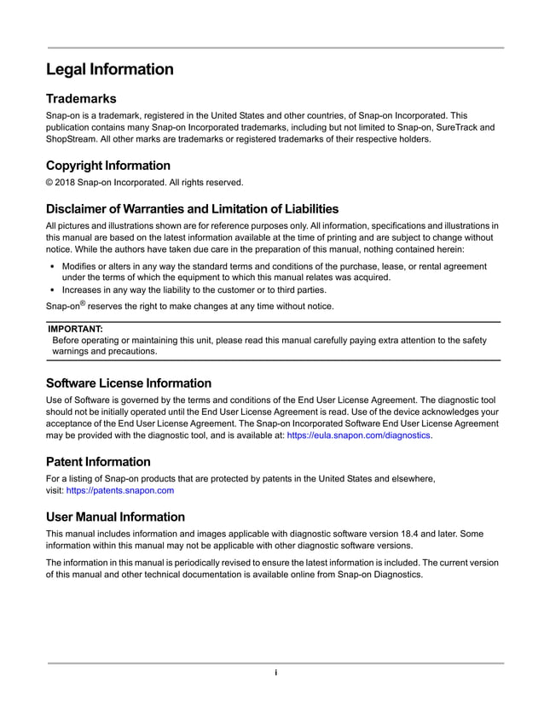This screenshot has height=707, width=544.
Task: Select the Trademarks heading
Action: click(x=80, y=99)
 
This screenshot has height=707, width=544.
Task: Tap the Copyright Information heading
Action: click(x=107, y=166)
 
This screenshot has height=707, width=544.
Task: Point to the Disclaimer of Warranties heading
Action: click(x=192, y=208)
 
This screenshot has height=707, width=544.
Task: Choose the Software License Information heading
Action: click(x=128, y=383)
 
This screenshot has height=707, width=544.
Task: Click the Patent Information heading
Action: click(x=98, y=462)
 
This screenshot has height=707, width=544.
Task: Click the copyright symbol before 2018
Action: click(x=49, y=182)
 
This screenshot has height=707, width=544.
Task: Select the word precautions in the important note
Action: click(x=130, y=351)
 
